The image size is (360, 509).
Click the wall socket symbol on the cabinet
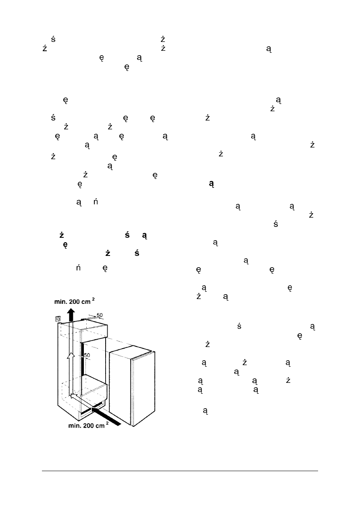(x=59, y=318)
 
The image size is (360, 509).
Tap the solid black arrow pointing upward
(x=71, y=314)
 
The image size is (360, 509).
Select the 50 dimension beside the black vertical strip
(x=87, y=355)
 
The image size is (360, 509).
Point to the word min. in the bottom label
(x=74, y=428)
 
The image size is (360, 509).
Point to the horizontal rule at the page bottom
(x=180, y=470)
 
